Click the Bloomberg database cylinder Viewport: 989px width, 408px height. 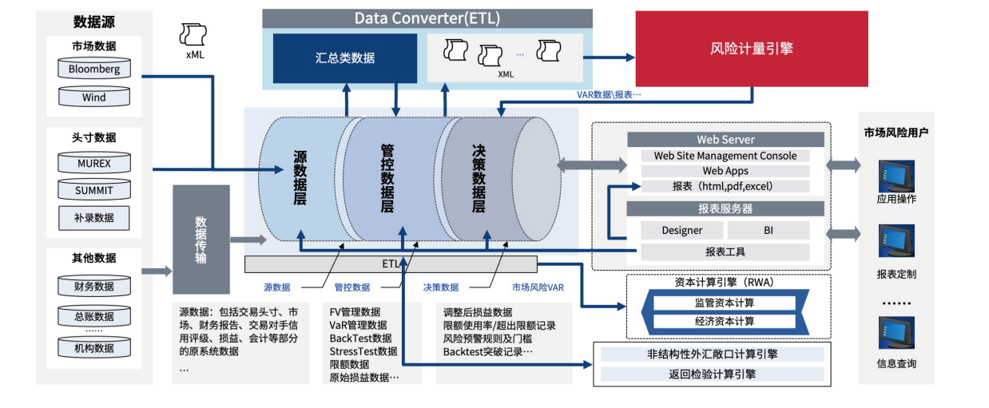point(94,69)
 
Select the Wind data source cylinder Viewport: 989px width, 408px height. point(94,97)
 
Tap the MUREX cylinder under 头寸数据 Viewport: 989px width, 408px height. point(94,164)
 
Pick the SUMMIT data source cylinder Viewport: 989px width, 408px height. point(94,191)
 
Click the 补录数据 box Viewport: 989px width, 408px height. point(94,217)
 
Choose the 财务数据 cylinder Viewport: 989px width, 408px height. point(94,286)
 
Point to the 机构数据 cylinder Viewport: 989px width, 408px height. point(94,347)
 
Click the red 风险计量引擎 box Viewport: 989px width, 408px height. point(751,49)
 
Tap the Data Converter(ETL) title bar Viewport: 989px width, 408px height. point(427,18)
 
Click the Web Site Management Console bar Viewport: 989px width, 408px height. point(725,156)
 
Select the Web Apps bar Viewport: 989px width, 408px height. point(725,171)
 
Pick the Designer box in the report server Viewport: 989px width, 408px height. point(682,231)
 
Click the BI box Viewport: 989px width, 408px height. point(768,231)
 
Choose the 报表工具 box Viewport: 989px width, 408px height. point(725,252)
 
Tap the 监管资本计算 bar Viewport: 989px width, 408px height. point(724,303)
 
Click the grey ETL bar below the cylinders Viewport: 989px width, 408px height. point(390,263)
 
